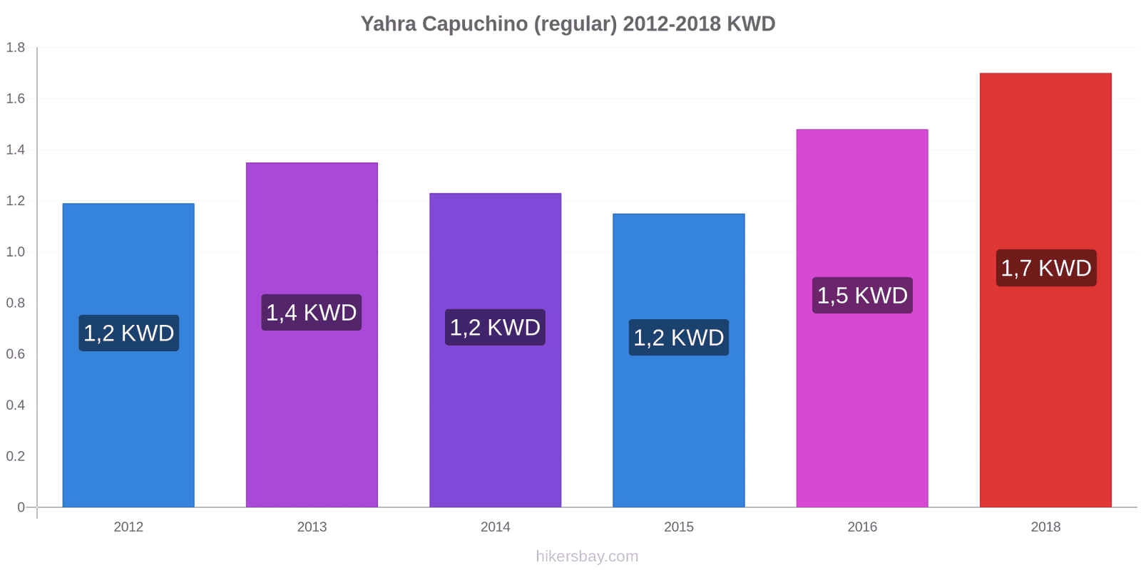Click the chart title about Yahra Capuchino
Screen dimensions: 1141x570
tap(568, 24)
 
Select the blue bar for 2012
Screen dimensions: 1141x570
tap(128, 356)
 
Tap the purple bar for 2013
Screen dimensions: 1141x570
tap(312, 335)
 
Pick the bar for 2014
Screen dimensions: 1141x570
tap(495, 350)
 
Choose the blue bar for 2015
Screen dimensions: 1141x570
tap(678, 361)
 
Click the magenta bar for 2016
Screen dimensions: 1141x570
tap(862, 318)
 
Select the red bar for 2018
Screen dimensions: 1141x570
tap(1045, 290)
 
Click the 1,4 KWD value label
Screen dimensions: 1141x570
tap(312, 313)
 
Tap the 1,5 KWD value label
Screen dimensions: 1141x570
tap(862, 295)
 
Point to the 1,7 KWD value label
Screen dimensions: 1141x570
tap(1046, 268)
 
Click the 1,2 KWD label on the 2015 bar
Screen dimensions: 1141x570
tap(678, 338)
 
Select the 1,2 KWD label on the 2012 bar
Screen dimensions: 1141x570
tap(129, 333)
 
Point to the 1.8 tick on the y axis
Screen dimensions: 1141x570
tap(15, 47)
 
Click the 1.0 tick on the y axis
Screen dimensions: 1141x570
tap(15, 252)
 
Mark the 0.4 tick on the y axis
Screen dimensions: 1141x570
tap(15, 405)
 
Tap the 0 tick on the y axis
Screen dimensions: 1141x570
tap(21, 507)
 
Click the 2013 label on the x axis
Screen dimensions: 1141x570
tap(312, 527)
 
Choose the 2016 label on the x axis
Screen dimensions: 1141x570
tap(862, 527)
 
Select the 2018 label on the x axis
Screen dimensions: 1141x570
tap(1045, 527)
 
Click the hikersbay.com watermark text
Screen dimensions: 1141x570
tap(587, 556)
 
